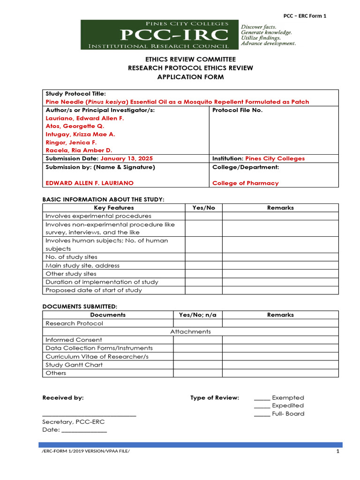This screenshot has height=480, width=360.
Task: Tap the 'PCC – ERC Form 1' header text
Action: pyautogui.click(x=305, y=15)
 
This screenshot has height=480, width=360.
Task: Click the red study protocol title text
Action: pyautogui.click(x=177, y=102)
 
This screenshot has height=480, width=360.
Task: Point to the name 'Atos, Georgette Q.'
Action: pyautogui.click(x=75, y=126)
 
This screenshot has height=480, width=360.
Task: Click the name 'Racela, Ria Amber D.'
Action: pyautogui.click(x=79, y=150)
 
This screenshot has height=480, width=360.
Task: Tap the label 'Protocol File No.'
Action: pyautogui.click(x=238, y=110)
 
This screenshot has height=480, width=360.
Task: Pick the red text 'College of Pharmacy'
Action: pyautogui.click(x=245, y=183)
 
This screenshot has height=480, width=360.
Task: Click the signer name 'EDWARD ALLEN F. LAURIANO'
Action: pyautogui.click(x=90, y=183)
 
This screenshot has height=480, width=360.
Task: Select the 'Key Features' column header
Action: pyautogui.click(x=114, y=208)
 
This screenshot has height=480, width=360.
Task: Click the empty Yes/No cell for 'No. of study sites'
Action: pyautogui.click(x=203, y=257)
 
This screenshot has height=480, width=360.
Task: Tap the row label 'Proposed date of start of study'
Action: pyautogui.click(x=94, y=290)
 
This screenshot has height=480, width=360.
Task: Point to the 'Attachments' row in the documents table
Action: pyautogui.click(x=190, y=331)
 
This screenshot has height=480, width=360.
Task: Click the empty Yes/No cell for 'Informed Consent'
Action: pyautogui.click(x=197, y=340)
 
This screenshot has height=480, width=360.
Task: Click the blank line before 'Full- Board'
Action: pyautogui.click(x=262, y=415)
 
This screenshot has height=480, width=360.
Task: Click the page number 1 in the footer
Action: pyautogui.click(x=337, y=451)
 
